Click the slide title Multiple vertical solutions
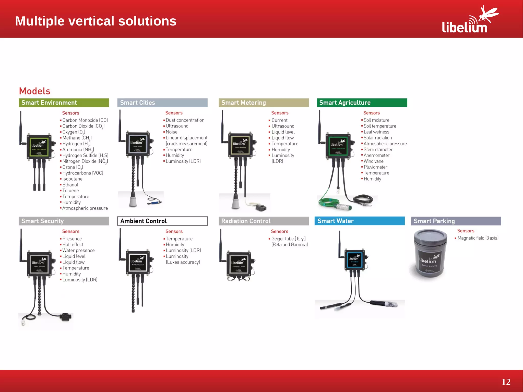point(96,21)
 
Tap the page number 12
point(506,382)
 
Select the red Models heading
point(35,91)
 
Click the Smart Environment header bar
point(64,103)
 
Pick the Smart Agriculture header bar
point(362,103)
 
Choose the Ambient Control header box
point(162,221)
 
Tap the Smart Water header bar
point(360,221)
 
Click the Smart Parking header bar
point(456,221)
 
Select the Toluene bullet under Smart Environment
point(70,191)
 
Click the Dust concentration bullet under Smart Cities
point(185,120)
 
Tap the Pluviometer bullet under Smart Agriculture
point(375,167)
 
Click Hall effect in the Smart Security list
point(73,245)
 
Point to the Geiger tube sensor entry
point(288,239)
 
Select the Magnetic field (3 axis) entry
point(478,238)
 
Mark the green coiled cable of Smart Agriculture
point(329,202)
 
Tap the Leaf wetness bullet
point(376,132)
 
